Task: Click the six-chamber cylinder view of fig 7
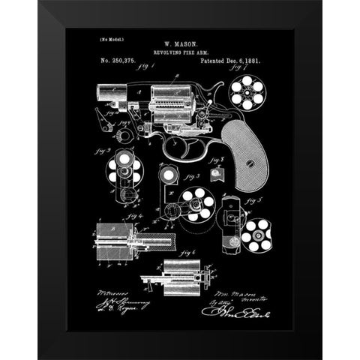tap(246, 94)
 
